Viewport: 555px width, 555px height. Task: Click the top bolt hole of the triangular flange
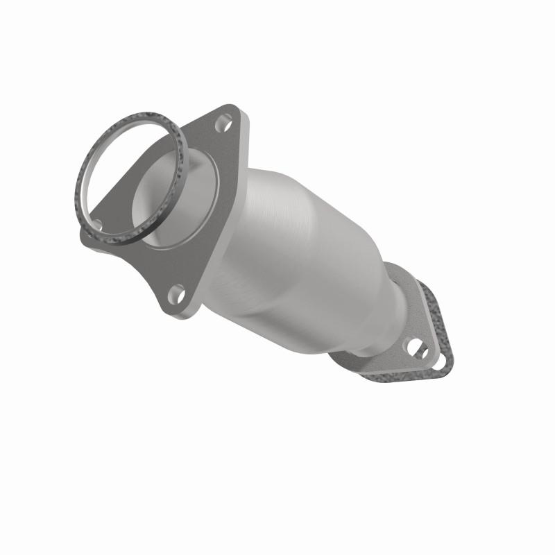(x=223, y=125)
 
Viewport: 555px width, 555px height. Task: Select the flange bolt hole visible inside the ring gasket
(x=97, y=224)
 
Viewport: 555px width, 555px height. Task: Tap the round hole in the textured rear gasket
(x=440, y=361)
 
